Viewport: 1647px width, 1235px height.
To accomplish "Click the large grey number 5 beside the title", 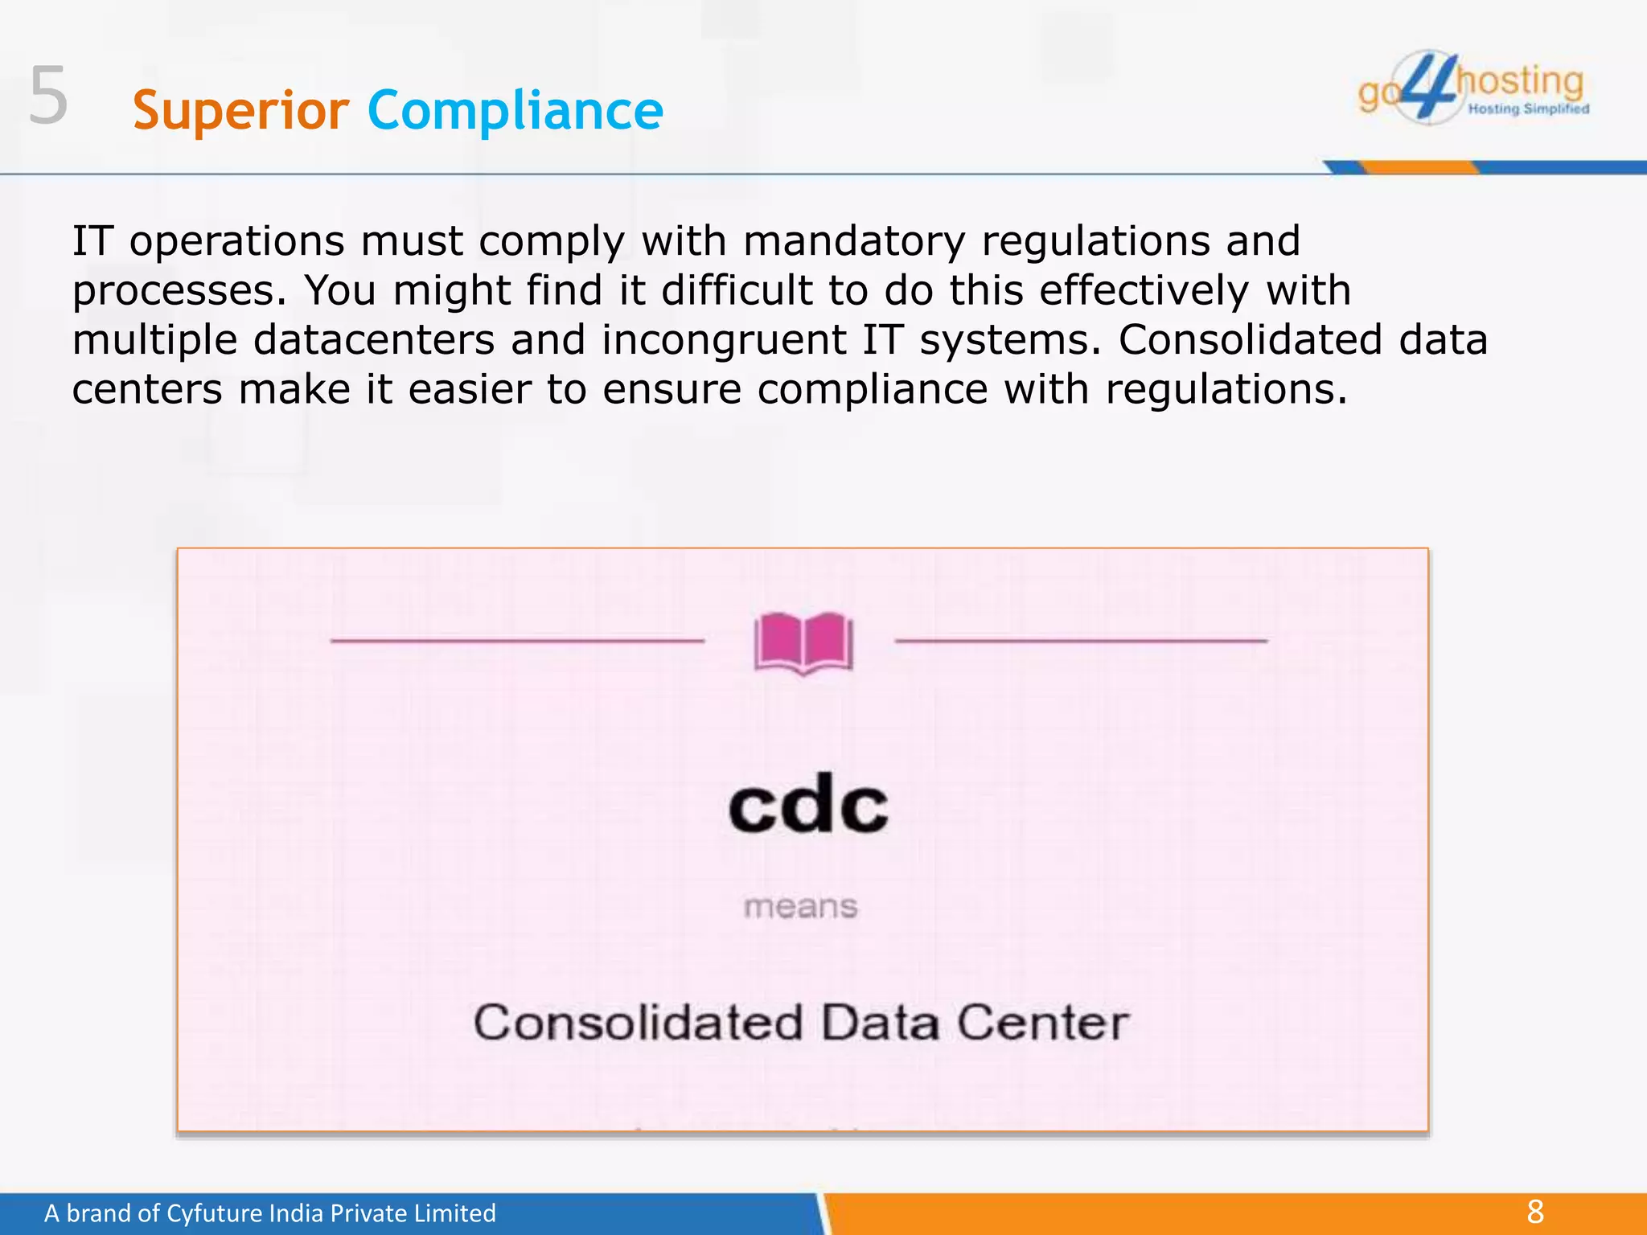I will click(x=48, y=96).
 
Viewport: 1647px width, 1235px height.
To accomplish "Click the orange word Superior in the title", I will click(x=240, y=110).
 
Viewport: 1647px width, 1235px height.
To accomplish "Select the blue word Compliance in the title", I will click(x=515, y=110).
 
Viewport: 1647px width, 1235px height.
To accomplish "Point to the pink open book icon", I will click(x=803, y=643).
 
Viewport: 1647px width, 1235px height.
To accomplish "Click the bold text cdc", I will click(x=808, y=806).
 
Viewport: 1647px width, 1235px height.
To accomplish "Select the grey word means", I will click(x=801, y=907).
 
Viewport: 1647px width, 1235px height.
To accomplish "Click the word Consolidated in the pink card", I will click(x=639, y=1023).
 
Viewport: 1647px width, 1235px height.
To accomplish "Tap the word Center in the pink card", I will click(x=1043, y=1023).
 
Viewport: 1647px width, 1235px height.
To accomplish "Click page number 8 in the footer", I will click(x=1535, y=1212).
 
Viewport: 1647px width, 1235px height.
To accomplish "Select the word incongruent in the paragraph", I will click(x=724, y=340).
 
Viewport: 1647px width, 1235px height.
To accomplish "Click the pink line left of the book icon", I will click(x=517, y=641).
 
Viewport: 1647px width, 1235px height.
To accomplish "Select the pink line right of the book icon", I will click(x=1081, y=641).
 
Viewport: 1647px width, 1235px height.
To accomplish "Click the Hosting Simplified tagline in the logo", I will click(x=1528, y=109).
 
